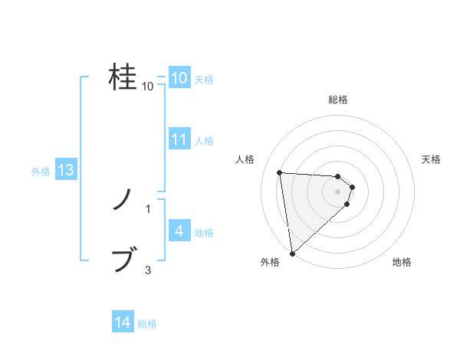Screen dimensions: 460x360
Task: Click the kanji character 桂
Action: (123, 77)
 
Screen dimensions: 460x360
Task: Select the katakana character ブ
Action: (123, 260)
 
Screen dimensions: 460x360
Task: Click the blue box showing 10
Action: (179, 78)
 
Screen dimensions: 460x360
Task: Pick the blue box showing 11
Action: (179, 139)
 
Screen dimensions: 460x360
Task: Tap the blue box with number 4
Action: (179, 231)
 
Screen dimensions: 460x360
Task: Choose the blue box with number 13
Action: (65, 170)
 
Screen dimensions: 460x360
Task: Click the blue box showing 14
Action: (123, 323)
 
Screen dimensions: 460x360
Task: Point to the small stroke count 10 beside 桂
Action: (148, 87)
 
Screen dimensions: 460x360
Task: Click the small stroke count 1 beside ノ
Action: (148, 208)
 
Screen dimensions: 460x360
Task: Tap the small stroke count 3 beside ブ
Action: (148, 270)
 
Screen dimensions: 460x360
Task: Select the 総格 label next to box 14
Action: (147, 324)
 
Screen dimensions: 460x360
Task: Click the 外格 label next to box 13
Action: (41, 172)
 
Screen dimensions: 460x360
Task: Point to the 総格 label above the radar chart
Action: (338, 100)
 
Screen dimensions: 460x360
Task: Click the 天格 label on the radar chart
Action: (432, 159)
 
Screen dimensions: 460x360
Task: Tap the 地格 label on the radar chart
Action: (402, 262)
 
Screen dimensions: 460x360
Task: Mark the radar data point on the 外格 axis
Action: (292, 254)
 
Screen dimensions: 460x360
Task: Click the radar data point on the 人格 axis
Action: (280, 172)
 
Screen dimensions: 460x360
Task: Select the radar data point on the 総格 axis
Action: (337, 176)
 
